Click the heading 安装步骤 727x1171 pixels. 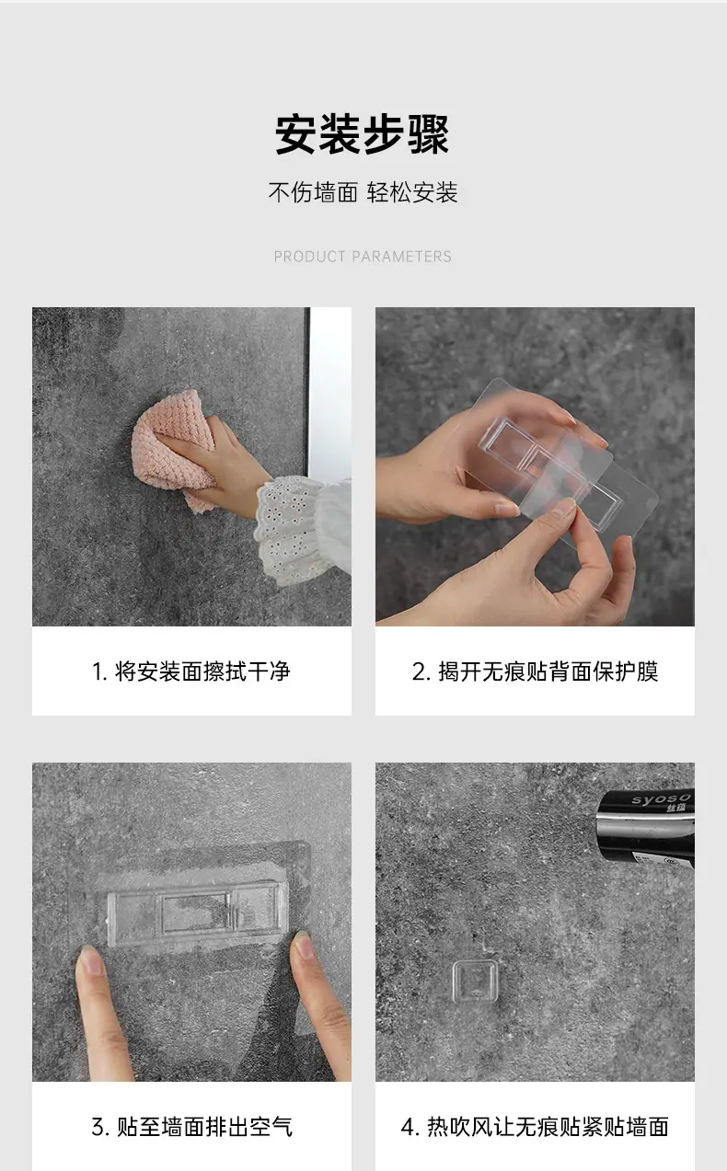(x=363, y=134)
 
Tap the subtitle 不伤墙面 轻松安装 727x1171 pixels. (x=363, y=192)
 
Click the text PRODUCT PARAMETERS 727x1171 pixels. (x=363, y=257)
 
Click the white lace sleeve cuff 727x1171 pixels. (x=301, y=531)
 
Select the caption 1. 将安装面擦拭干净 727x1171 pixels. (x=190, y=672)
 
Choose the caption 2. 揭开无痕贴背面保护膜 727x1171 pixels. (x=535, y=672)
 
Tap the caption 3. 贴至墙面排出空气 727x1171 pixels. (x=192, y=1127)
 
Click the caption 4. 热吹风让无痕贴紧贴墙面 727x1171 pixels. (x=535, y=1127)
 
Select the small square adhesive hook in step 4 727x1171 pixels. (x=474, y=982)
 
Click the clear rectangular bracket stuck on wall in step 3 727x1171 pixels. (x=197, y=913)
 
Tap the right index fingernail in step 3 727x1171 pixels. (x=304, y=944)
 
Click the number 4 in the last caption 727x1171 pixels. (x=408, y=1127)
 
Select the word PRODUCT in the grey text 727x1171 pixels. (x=309, y=257)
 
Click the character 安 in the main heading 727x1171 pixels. (x=296, y=134)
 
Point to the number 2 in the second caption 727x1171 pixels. (x=419, y=672)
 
